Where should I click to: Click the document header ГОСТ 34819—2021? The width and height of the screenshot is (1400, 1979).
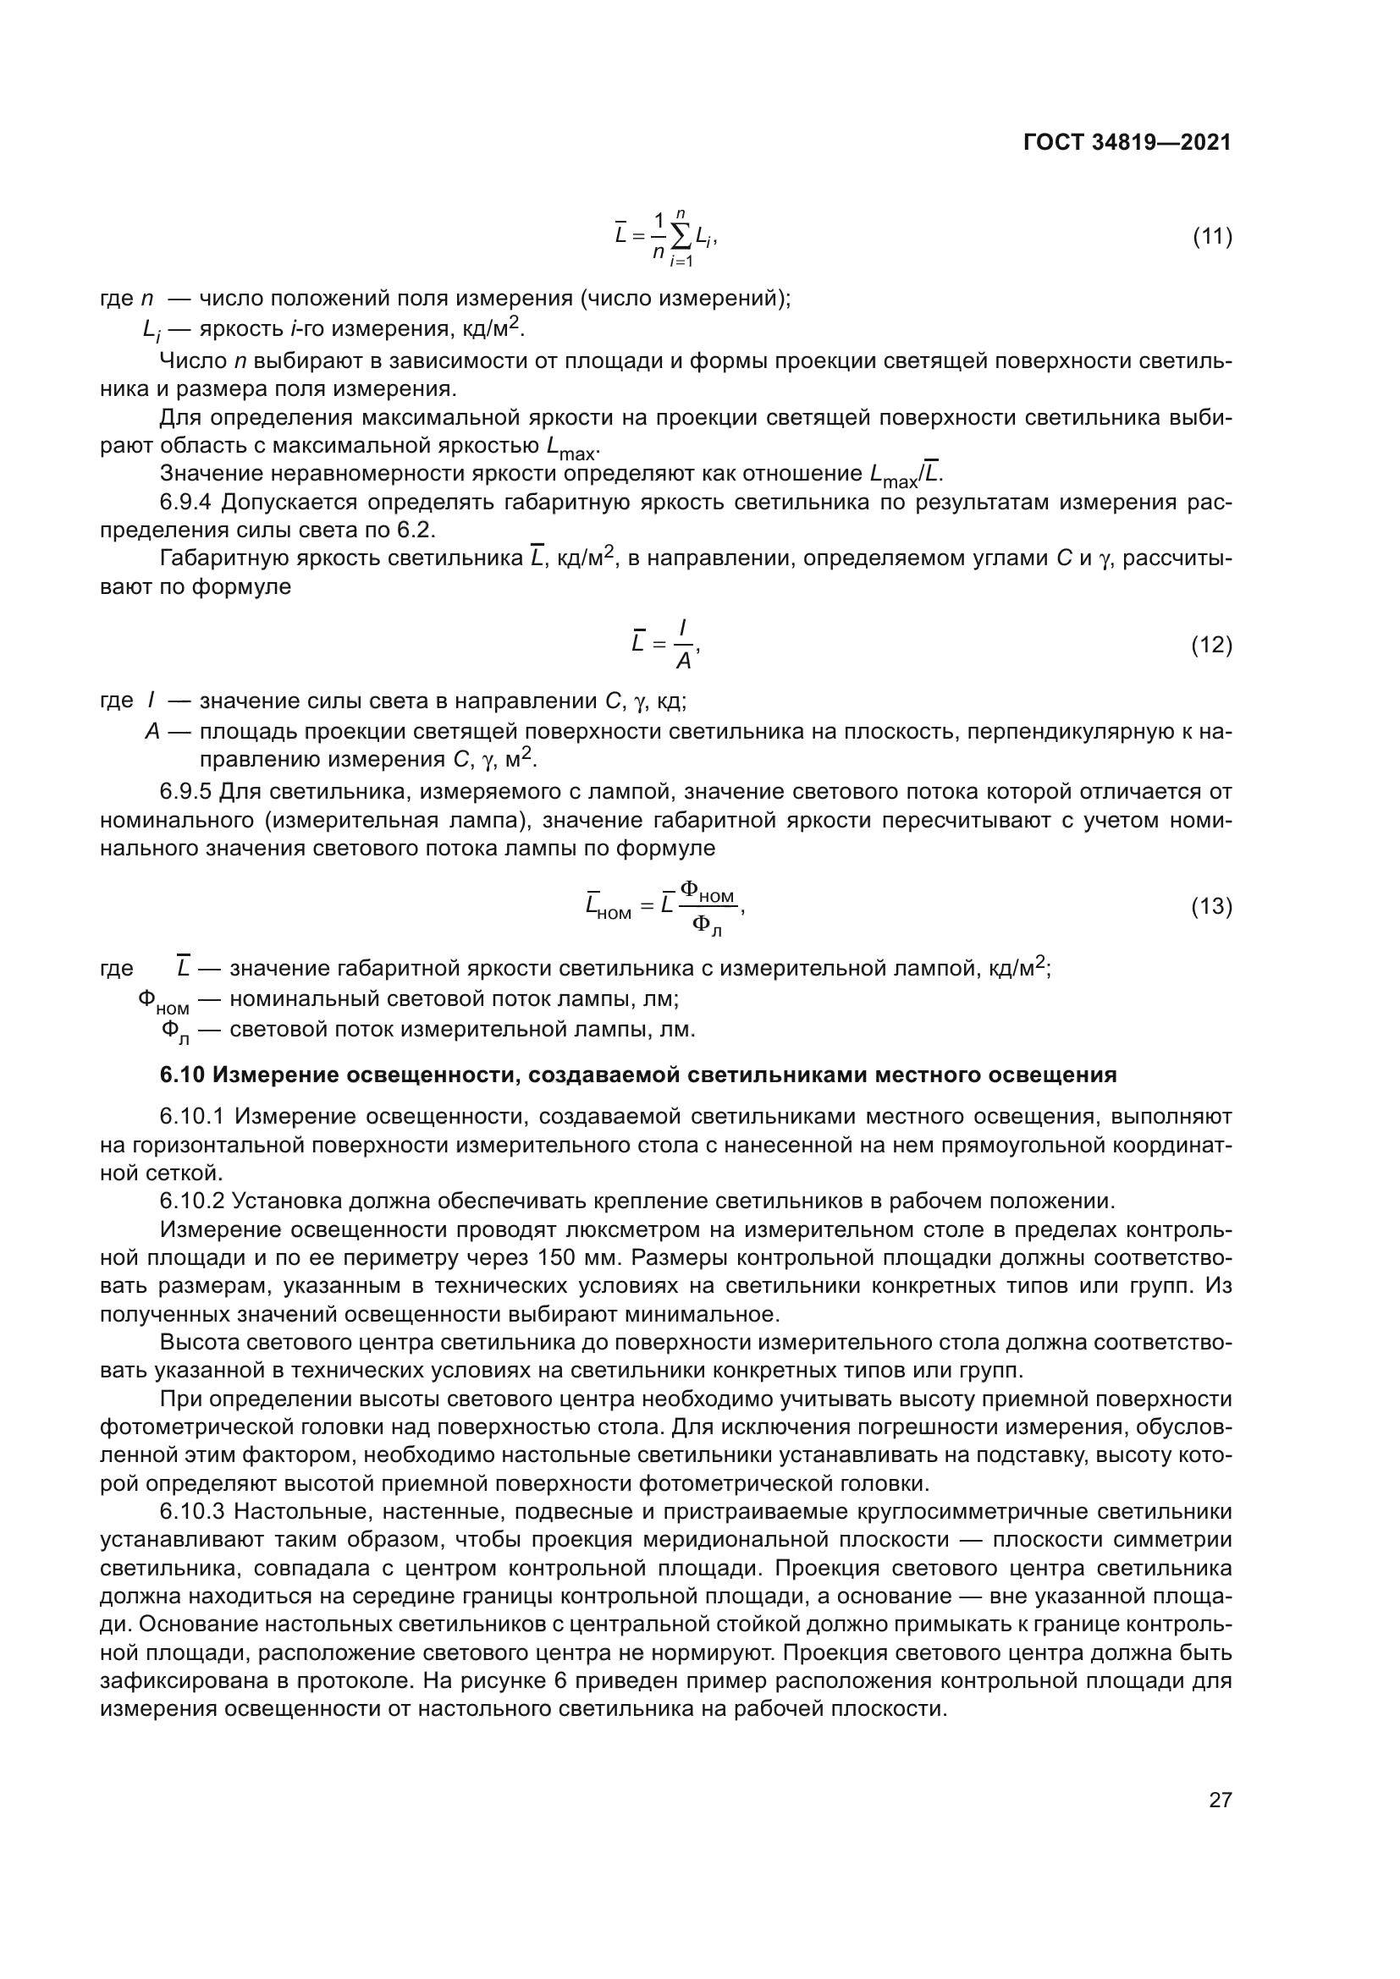pos(1127,142)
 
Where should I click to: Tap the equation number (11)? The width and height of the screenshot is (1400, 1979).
pos(1211,236)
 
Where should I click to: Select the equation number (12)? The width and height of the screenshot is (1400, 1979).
pos(1211,645)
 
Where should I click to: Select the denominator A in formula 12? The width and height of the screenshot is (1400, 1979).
pos(683,662)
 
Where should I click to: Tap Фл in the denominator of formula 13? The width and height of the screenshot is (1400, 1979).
pos(706,926)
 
